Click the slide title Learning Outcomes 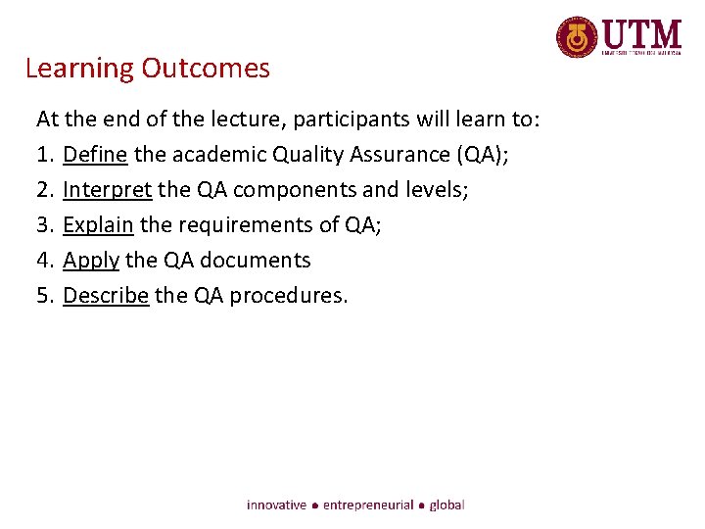[147, 69]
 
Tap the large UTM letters [641, 33]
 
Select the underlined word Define [95, 155]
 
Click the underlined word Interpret [107, 190]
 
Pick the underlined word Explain [98, 225]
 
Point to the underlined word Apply [91, 261]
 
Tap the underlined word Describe [106, 296]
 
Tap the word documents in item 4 [254, 261]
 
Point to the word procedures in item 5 [290, 296]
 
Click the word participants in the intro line [363, 120]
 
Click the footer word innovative [276, 505]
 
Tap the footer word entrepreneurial [368, 505]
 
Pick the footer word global [446, 505]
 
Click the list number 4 [42, 261]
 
